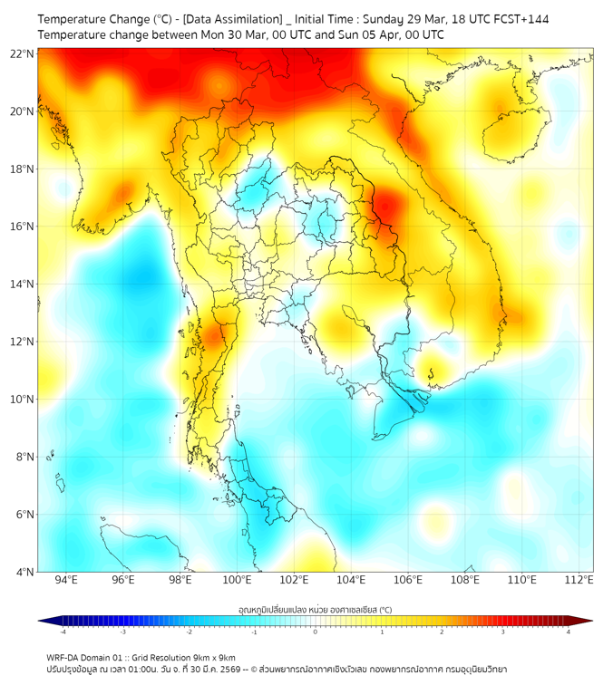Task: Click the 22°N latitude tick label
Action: [23, 53]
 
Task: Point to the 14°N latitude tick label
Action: [23, 284]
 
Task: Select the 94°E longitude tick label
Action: [66, 580]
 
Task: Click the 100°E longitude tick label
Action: [237, 580]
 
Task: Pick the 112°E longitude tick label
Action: [579, 580]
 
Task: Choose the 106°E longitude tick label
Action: [407, 580]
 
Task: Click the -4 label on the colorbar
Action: [63, 632]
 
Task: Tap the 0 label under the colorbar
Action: [316, 632]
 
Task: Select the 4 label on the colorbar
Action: [569, 632]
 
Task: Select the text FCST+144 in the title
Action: [520, 18]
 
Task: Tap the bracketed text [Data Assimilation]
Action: [232, 18]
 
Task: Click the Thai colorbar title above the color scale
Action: [315, 609]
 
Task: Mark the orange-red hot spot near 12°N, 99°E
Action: [214, 337]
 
